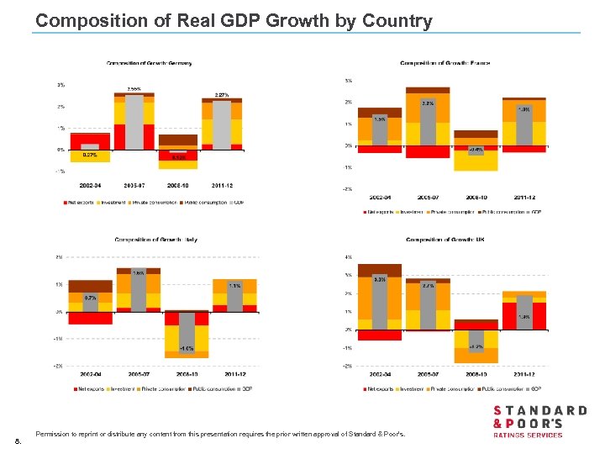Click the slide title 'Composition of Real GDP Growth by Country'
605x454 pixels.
(x=234, y=21)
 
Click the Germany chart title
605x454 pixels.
(x=148, y=63)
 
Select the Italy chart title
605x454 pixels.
(x=155, y=240)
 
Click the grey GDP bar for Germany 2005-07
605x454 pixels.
(x=134, y=122)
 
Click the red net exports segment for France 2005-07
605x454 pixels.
(x=428, y=152)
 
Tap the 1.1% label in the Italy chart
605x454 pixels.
(x=234, y=286)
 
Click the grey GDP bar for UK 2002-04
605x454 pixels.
(x=380, y=303)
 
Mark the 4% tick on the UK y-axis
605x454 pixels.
(x=347, y=257)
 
